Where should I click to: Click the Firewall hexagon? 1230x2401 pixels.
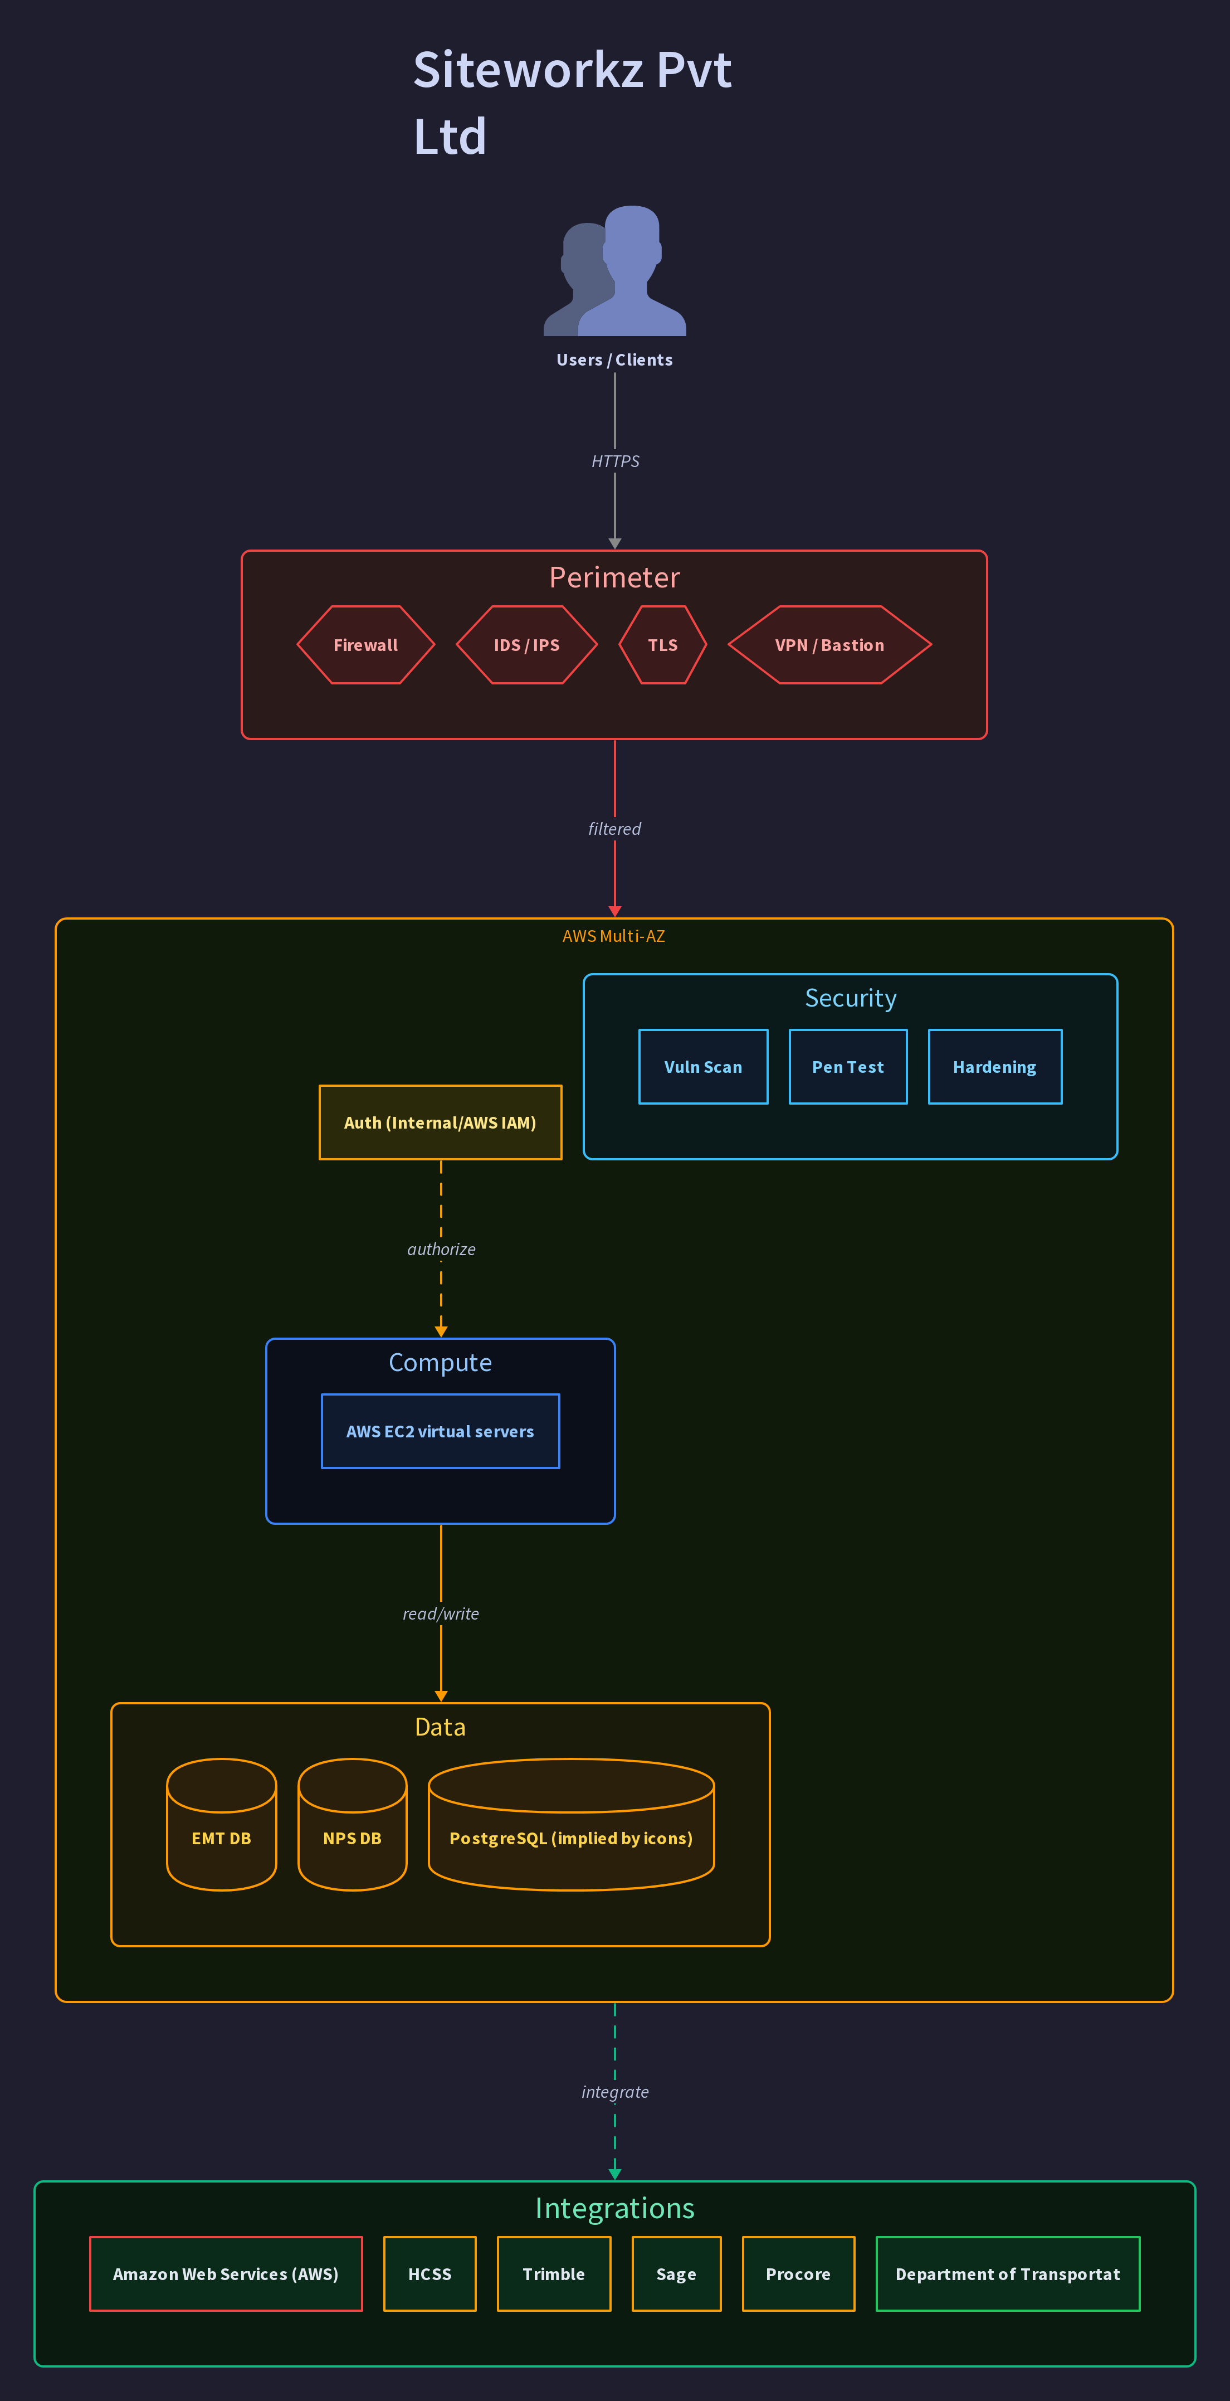366,645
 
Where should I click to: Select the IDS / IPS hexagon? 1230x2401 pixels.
526,645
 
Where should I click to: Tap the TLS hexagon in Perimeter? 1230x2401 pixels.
662,645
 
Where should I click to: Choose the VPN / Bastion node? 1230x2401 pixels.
829,645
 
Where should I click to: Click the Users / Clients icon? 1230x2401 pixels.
615,270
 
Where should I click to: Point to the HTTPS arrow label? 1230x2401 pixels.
615,461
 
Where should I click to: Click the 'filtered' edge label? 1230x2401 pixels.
615,829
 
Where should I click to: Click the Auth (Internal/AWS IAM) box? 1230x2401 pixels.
441,1122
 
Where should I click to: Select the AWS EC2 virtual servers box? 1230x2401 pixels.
441,1431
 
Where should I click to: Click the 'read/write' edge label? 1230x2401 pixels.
441,1613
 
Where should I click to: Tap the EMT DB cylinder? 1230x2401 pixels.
222,1824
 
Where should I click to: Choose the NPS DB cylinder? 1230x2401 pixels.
352,1824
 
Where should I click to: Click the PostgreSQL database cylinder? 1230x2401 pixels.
571,1824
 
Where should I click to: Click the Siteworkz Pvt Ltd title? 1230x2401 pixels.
572,103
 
